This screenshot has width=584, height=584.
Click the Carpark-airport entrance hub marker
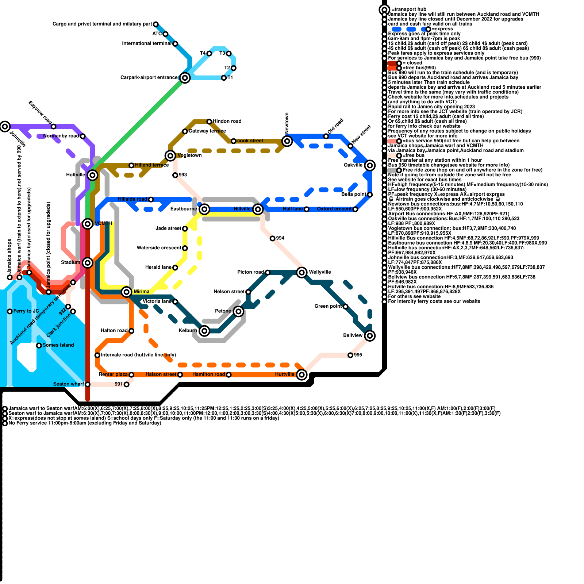pos(185,78)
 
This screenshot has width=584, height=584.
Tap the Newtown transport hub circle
pos(287,141)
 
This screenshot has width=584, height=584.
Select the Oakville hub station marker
pos(370,165)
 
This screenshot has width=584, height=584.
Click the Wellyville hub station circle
pos(301,272)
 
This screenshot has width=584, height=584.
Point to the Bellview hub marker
pos(370,335)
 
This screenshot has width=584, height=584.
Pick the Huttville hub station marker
pos(301,374)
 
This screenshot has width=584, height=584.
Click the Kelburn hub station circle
pos(204,331)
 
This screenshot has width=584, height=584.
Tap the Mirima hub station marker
pos(127,292)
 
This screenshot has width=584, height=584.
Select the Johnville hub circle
pos(5,127)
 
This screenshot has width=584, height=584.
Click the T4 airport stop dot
pos(209,54)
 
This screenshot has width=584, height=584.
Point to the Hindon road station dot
pos(209,122)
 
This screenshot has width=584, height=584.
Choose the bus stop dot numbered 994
pos(272,238)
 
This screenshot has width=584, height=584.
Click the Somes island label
pos(58,345)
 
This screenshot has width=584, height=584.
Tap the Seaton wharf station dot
pos(88,384)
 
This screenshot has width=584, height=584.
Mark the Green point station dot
pos(345,307)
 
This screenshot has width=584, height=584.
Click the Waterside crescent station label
pos(159,248)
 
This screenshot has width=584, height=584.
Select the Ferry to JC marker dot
pos(10,311)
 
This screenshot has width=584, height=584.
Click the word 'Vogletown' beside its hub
pos(189,155)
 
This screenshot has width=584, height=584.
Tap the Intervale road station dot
pos(97,355)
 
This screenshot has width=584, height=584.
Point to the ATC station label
pos(157,34)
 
